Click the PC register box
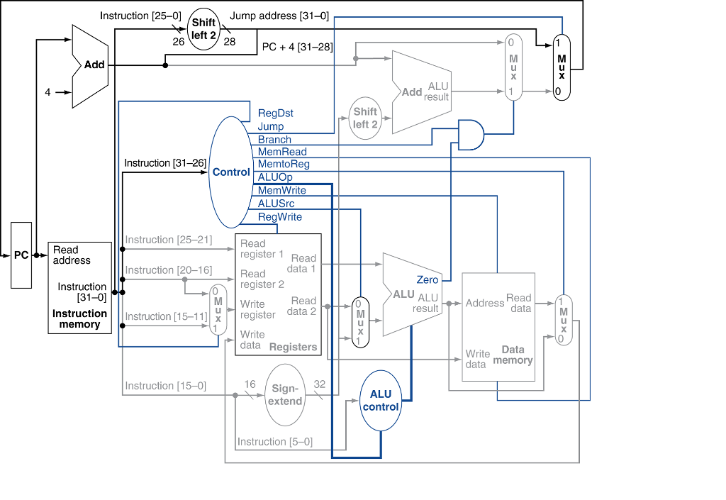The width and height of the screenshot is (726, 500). (x=21, y=255)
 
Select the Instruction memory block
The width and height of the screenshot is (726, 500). (x=79, y=287)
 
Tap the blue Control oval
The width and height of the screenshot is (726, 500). (x=230, y=172)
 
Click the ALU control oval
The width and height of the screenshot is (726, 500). (x=381, y=401)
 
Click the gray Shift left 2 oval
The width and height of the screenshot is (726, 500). (x=365, y=118)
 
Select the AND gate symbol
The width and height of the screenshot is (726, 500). (x=471, y=135)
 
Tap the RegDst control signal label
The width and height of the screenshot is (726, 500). (x=275, y=113)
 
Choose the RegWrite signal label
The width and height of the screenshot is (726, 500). (x=279, y=216)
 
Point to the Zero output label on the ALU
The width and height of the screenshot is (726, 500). (x=428, y=280)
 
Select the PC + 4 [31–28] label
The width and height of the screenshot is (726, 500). (x=297, y=47)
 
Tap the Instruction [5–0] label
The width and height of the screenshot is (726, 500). (x=274, y=442)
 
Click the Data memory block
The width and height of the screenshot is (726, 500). (x=498, y=326)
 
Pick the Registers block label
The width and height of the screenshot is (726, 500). (x=293, y=347)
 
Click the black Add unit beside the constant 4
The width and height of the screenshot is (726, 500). (x=90, y=65)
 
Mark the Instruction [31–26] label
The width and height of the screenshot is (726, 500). (x=164, y=163)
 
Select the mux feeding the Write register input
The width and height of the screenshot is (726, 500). (x=218, y=309)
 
